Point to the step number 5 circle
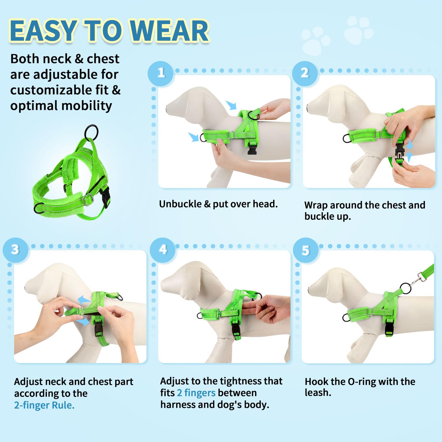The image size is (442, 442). tap(306, 250)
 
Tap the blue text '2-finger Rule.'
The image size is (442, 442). tap(44, 405)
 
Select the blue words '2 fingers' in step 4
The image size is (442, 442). tap(196, 393)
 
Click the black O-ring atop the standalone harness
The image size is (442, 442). tap(91, 132)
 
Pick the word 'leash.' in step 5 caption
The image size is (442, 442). tap(318, 392)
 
